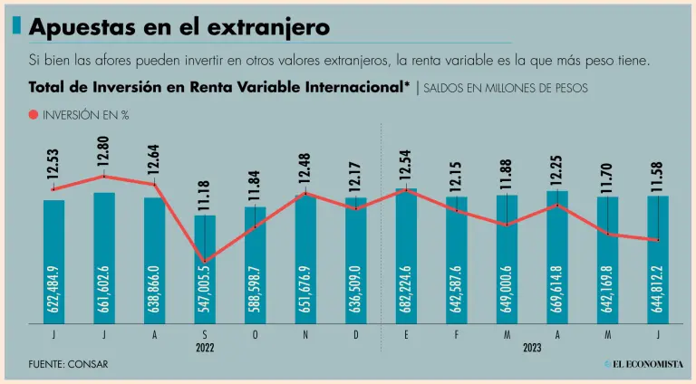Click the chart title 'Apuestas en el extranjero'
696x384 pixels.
[179, 27]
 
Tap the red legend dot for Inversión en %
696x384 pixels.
[34, 115]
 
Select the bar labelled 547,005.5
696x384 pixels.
[205, 272]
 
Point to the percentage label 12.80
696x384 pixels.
[105, 149]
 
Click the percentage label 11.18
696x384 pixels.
[206, 192]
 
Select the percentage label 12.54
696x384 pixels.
[407, 165]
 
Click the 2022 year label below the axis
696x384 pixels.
[205, 348]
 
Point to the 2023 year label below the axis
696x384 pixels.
[532, 348]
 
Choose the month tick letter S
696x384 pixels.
[205, 335]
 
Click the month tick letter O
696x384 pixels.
[256, 335]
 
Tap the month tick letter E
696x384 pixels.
[407, 335]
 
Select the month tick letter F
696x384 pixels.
[457, 335]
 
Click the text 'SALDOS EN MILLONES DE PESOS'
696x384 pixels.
[505, 88]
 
